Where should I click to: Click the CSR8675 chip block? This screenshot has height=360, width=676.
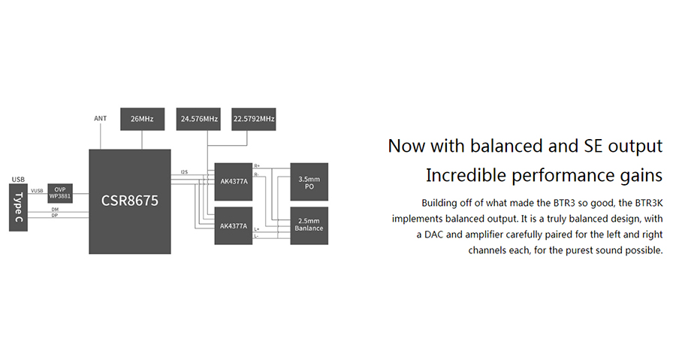[x=130, y=201]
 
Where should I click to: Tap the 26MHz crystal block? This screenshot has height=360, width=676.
[x=142, y=119]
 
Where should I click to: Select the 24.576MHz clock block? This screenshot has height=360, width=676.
[x=198, y=119]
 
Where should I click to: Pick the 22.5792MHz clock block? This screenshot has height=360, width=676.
[x=254, y=119]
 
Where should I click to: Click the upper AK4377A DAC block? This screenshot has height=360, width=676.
[x=234, y=182]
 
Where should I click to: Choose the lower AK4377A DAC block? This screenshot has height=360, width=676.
[x=234, y=226]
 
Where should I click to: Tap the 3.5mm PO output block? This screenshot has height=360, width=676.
[x=309, y=182]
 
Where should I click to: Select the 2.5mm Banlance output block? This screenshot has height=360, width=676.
[x=309, y=226]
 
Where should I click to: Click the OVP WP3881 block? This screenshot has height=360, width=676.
[x=60, y=193]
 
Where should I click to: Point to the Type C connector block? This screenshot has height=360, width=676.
[x=18, y=207]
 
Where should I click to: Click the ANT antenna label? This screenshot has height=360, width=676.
[x=101, y=119]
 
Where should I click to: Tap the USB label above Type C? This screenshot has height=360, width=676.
[x=18, y=180]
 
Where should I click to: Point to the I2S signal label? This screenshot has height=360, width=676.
[x=185, y=172]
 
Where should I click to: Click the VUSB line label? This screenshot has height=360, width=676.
[x=37, y=191]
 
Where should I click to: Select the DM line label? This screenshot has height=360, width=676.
[x=55, y=210]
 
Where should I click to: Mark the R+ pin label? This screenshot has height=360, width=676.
[x=257, y=166]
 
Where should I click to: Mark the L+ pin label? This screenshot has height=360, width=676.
[x=257, y=229]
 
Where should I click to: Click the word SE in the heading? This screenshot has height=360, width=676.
[x=593, y=146]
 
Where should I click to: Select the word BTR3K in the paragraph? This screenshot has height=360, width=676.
[x=649, y=203]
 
